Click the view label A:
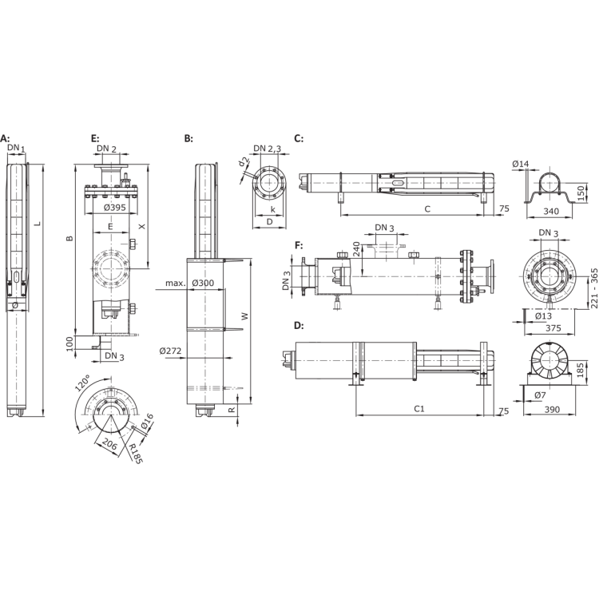[x=6, y=139]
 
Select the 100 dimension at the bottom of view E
[x=70, y=341]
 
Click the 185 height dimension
[x=581, y=368]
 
